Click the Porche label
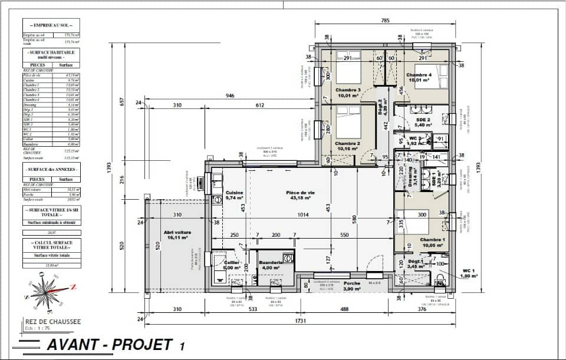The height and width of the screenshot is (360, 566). click(353, 283)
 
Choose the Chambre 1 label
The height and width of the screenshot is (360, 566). click(432, 240)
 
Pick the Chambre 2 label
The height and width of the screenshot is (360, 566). click(347, 143)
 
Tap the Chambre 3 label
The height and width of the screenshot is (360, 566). click(348, 90)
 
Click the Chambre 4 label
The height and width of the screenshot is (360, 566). click(418, 75)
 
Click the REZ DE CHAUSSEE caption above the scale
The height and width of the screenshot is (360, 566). click(53, 322)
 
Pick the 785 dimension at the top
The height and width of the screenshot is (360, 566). click(385, 21)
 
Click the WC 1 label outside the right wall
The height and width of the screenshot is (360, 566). click(468, 272)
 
